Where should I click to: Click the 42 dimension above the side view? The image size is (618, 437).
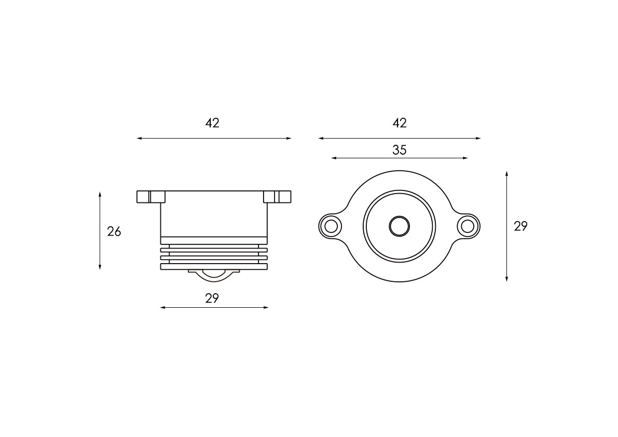tap(212, 123)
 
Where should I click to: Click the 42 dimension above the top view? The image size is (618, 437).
tap(399, 123)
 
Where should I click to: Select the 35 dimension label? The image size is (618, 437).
tap(399, 150)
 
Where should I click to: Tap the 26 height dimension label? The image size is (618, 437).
tap(114, 231)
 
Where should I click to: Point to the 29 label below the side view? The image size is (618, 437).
tap(212, 298)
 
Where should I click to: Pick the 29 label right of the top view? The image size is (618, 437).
tap(520, 226)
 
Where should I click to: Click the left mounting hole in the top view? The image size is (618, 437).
tap(331, 226)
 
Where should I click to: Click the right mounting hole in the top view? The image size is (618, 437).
tap(468, 226)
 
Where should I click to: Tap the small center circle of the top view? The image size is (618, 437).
tap(399, 226)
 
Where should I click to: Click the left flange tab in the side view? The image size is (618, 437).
tap(151, 197)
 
